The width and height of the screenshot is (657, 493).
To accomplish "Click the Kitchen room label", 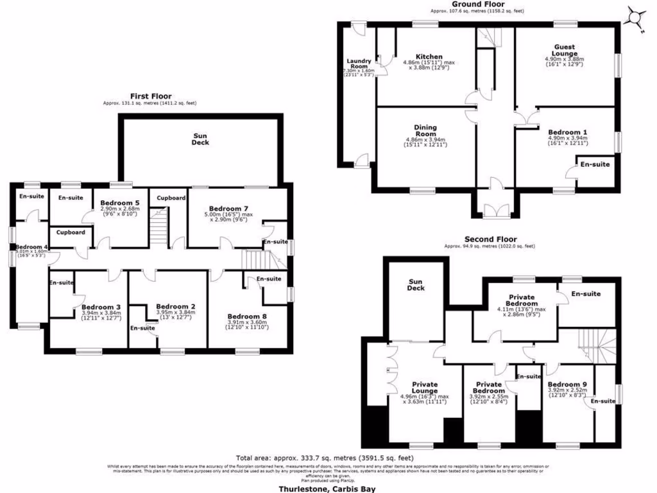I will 429,56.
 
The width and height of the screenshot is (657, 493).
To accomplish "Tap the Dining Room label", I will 425,131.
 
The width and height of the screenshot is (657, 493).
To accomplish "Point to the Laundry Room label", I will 359,64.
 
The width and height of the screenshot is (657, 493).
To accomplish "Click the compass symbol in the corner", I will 636,17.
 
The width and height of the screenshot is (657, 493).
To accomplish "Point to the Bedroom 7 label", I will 228,209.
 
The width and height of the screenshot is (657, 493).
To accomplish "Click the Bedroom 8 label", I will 247,316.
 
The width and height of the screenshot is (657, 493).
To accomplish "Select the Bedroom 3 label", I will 101,307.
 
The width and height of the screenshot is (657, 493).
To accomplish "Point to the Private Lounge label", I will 425,387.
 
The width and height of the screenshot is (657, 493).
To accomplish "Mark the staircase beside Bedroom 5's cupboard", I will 158,229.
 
